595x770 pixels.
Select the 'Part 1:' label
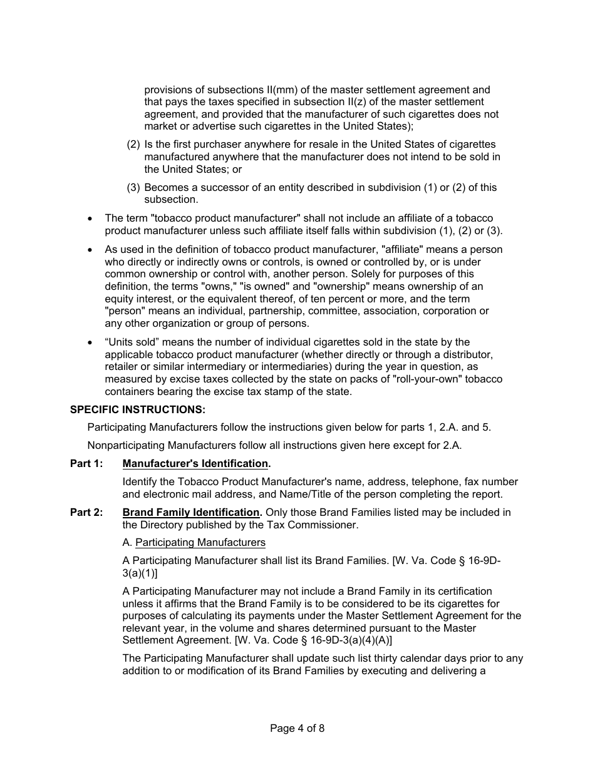[86, 464]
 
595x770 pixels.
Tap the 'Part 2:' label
[86, 513]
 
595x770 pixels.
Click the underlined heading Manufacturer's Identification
[195, 464]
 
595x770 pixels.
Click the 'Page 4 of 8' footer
[297, 728]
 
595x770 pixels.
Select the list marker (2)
[133, 145]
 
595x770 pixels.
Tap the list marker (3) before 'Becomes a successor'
[133, 188]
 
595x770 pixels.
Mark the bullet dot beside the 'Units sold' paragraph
[91, 343]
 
